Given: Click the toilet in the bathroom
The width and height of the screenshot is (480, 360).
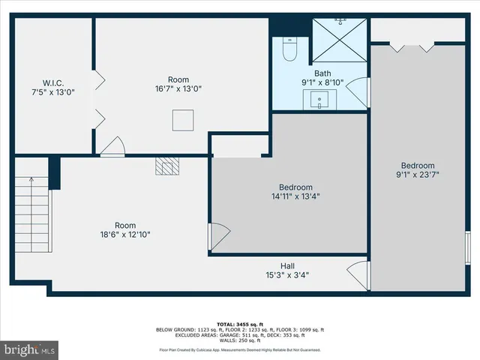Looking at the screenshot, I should [289, 51].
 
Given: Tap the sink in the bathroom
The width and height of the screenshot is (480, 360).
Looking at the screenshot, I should [319, 99].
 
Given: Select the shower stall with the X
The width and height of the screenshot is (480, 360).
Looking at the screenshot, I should [339, 41].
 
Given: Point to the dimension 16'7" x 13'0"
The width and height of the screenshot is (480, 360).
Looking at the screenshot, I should [178, 88].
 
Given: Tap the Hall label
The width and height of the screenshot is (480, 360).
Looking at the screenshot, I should [287, 265].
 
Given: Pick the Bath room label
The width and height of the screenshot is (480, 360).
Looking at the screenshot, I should [322, 73].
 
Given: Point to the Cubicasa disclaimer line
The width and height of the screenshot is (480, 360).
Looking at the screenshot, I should [240, 349].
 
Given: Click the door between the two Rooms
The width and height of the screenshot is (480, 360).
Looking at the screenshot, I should [112, 147].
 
